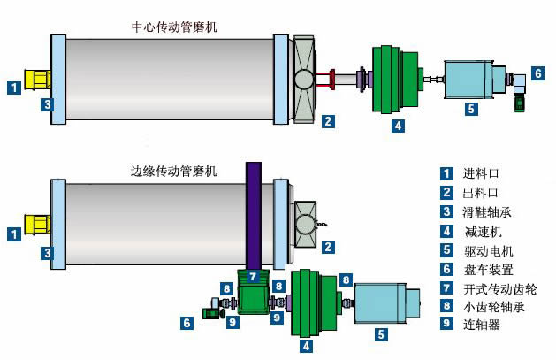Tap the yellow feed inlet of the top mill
coord(39,80)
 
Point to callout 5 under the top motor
coord(471,110)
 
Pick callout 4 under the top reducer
coord(399,126)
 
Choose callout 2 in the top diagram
coord(328,121)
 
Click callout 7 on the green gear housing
coord(252,277)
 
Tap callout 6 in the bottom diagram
coord(187,323)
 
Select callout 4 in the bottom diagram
coord(307,346)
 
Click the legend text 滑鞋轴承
coord(487,212)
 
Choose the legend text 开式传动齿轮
coord(499,289)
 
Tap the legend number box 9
coord(448,325)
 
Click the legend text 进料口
coord(482,173)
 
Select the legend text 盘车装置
coord(487,270)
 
